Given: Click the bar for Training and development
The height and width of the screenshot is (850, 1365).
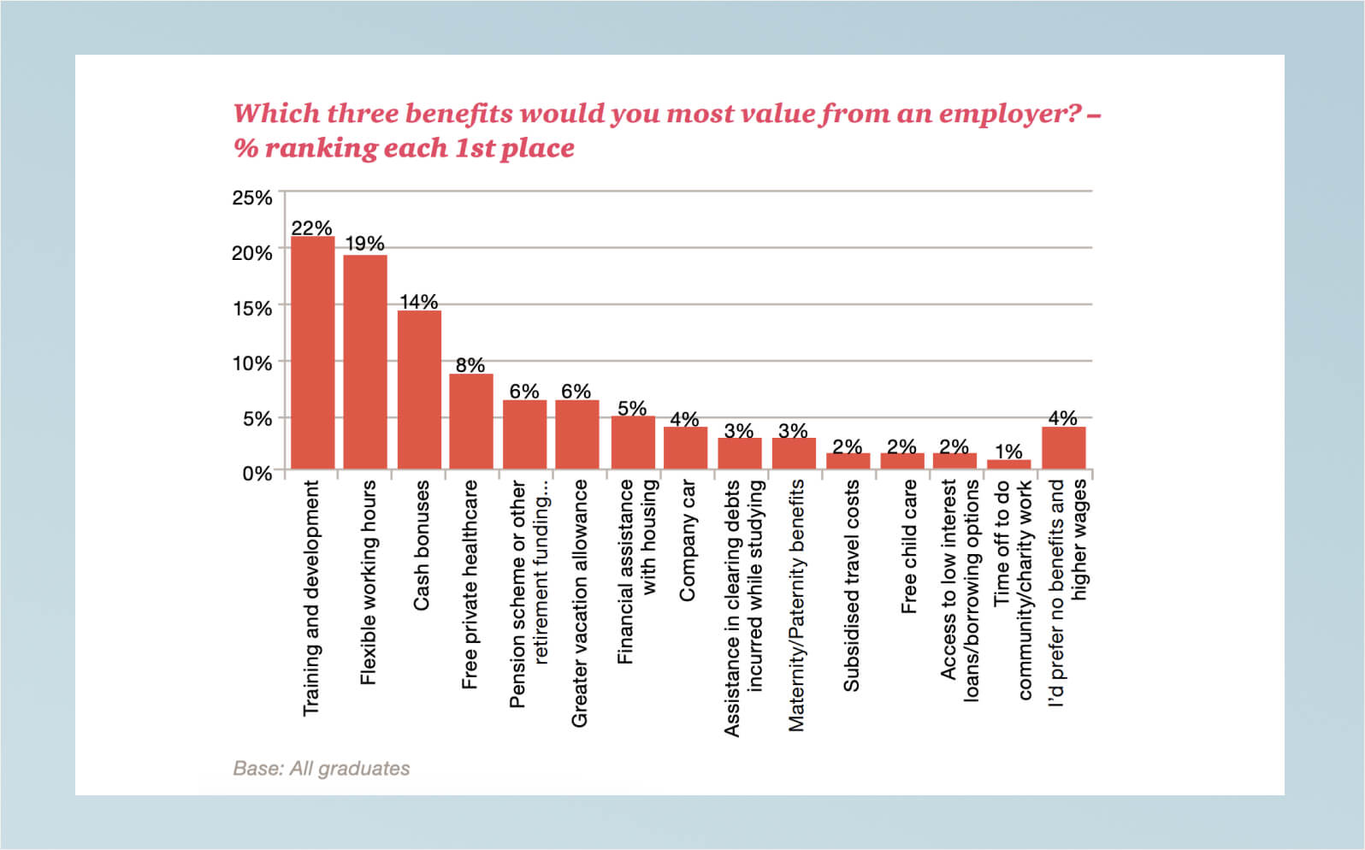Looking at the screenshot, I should (x=313, y=352).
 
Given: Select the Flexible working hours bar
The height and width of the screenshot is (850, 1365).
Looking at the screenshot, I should (x=365, y=362).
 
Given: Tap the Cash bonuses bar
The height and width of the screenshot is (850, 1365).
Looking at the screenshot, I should (x=419, y=389).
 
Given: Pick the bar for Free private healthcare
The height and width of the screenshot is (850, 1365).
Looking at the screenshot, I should (x=471, y=421).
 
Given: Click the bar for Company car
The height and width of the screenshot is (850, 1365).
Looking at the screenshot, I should (x=686, y=447).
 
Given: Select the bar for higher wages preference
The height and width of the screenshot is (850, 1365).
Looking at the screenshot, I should (x=1064, y=447).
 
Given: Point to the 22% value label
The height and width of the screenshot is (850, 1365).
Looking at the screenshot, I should (x=311, y=227).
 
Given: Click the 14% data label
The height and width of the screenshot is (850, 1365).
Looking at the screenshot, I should (x=419, y=301).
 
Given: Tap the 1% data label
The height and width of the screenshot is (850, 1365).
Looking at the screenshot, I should (x=1008, y=451).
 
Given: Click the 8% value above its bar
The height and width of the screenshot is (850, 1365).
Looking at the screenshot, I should (x=470, y=364).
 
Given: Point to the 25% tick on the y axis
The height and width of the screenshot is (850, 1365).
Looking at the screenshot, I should (x=252, y=198).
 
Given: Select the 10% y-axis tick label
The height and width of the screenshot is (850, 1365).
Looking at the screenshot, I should (x=252, y=363).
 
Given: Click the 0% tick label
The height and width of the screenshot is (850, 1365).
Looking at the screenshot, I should (x=257, y=473).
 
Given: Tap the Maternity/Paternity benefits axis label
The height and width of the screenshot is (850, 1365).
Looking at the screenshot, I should (x=796, y=605).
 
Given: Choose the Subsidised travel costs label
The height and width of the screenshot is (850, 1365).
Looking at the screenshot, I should (x=851, y=585).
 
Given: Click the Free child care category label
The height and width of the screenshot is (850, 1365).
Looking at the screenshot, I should (x=909, y=546).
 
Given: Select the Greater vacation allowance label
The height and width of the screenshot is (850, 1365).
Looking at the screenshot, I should (x=580, y=603).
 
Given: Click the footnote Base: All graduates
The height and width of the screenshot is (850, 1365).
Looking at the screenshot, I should (x=322, y=768).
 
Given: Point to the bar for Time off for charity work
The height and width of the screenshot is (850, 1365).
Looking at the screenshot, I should (x=1009, y=464).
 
